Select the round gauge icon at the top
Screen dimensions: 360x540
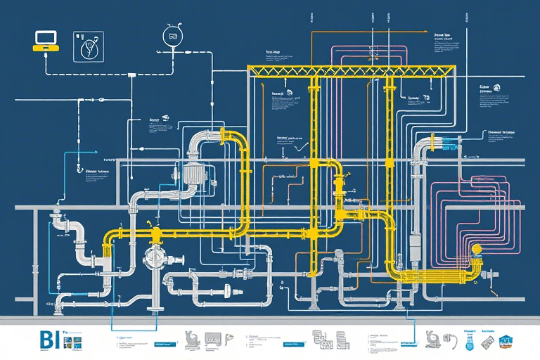[171, 34]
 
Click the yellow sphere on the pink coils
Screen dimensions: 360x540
[478, 248]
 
